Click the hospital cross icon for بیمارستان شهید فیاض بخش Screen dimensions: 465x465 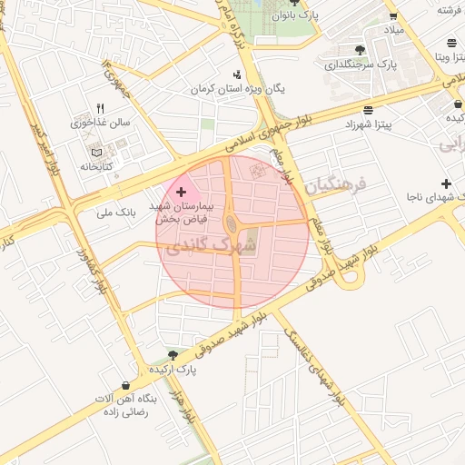[181, 192]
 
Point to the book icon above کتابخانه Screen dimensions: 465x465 [97, 153]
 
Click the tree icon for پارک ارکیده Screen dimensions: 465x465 [173, 355]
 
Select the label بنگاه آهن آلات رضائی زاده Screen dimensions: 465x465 [128, 405]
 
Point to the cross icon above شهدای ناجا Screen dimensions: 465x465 [446, 183]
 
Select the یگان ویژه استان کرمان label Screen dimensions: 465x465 [237, 89]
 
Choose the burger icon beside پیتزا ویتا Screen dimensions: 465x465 [451, 43]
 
